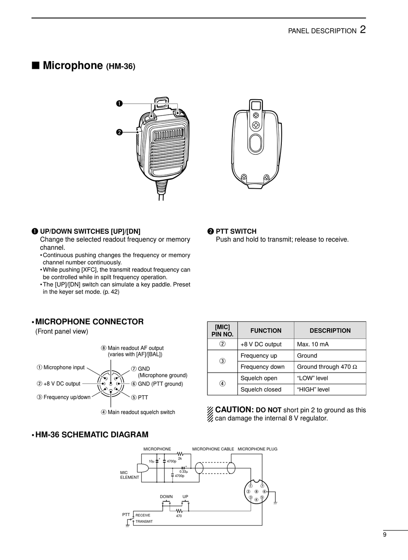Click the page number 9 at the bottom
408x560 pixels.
tap(384, 535)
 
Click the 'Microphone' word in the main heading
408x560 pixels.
tap(73, 65)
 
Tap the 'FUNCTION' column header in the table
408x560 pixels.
tap(266, 330)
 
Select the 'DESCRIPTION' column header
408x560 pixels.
tap(330, 330)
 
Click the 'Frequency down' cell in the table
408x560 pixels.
tap(262, 367)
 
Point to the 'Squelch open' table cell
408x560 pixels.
tap(259, 378)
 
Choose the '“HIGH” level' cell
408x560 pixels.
tap(313, 389)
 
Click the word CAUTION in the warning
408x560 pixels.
tap(234, 410)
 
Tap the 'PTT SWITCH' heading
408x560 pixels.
tap(236, 231)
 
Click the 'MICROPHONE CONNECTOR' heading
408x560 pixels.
tap(89, 321)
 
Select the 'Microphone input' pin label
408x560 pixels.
tap(64, 367)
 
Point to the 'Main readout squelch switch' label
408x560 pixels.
tap(141, 412)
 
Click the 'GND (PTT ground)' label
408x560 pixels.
tap(160, 384)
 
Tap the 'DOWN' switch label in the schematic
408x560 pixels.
tap(166, 497)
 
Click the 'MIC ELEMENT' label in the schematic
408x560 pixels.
tap(129, 475)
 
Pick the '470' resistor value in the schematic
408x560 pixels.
tap(179, 516)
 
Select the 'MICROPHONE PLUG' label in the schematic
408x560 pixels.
tap(257, 449)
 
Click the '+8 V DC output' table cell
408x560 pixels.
tap(261, 344)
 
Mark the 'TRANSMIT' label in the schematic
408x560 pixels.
tap(144, 521)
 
